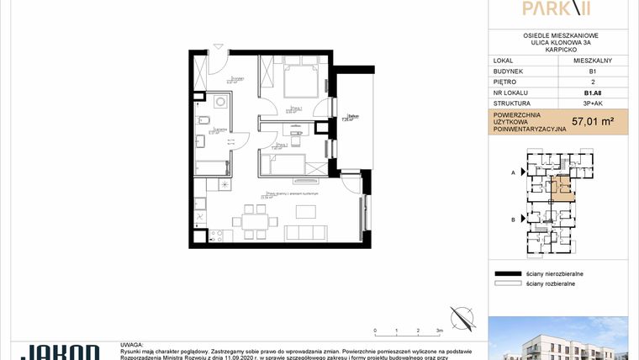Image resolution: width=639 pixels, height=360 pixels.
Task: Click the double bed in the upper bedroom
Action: coord(300,81)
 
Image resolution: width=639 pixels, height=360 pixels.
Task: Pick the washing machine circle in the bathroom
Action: coord(219,102)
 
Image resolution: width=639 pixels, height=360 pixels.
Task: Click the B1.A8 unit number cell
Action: coord(592,93)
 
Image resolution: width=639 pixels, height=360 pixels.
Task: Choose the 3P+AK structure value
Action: coord(592,104)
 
